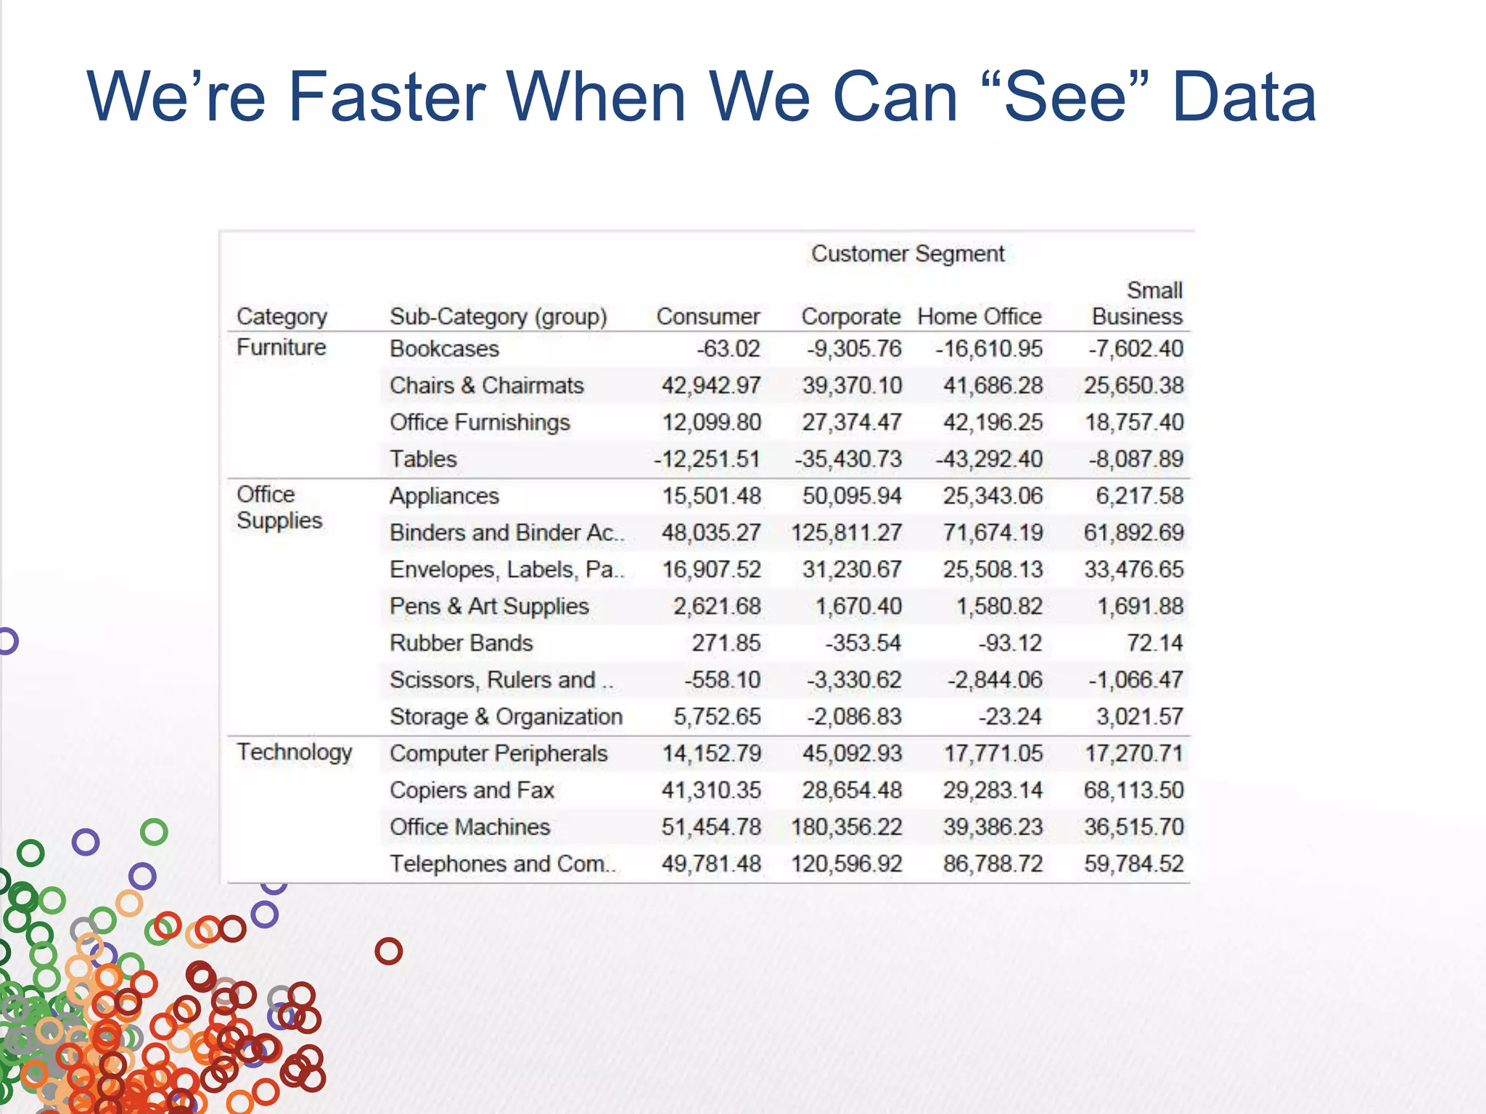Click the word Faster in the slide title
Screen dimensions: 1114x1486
[x=387, y=96]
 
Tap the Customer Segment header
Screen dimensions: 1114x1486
[x=907, y=254]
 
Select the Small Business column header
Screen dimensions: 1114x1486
[x=1137, y=303]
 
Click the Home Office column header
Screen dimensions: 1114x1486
[x=979, y=317]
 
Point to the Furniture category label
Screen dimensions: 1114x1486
[x=281, y=347]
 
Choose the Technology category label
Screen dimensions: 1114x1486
[x=294, y=752]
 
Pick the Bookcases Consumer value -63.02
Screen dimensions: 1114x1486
[x=728, y=349]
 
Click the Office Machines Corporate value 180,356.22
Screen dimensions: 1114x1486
[x=846, y=827]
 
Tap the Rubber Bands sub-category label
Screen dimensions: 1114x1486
[x=461, y=643]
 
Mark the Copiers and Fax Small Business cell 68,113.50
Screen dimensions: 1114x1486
[x=1133, y=790]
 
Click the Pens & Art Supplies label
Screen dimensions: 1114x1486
[x=488, y=606]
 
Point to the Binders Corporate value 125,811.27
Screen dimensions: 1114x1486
[x=846, y=533]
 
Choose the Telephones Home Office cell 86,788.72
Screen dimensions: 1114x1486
[x=992, y=864]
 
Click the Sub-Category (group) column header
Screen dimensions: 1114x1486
[x=498, y=317]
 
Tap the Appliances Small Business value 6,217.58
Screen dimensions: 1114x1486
[x=1139, y=496]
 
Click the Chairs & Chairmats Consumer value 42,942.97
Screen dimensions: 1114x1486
[x=710, y=386]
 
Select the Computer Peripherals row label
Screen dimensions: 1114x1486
[x=498, y=754]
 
